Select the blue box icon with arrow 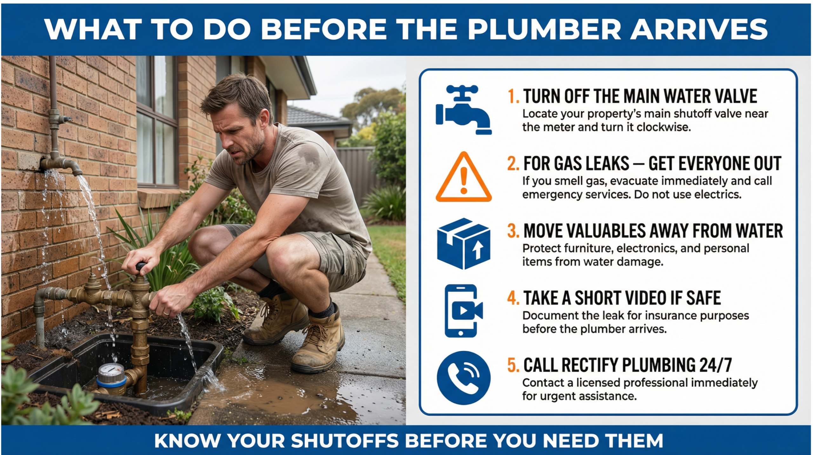tap(463, 244)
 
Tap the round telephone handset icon tap(463, 378)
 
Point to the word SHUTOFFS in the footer tap(345, 441)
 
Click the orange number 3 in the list tap(513, 231)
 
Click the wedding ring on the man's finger tap(166, 313)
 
